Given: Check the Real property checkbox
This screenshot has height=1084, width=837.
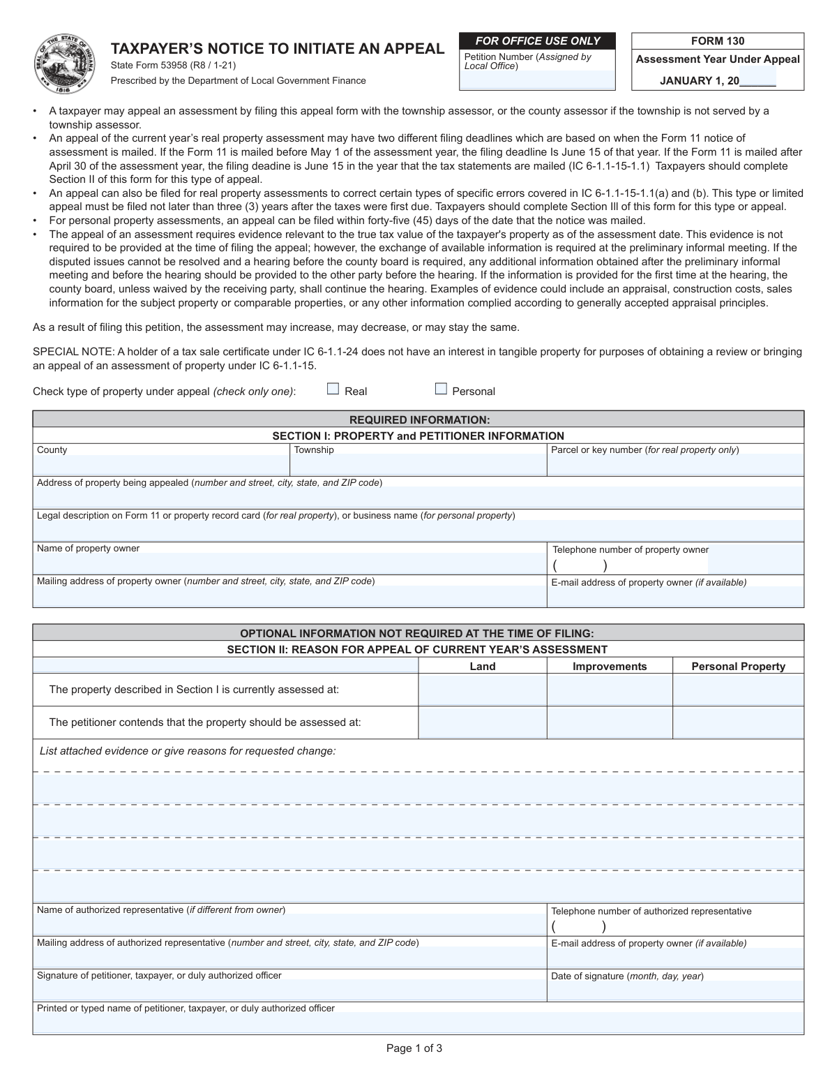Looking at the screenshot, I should click(x=333, y=389).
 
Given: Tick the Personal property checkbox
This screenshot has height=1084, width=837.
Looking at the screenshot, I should click(x=441, y=389).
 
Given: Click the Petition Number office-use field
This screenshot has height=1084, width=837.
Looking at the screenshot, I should click(x=537, y=80).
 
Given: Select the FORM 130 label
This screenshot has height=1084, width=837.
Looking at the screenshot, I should click(x=718, y=41).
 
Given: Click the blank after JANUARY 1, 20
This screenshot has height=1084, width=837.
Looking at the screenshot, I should click(x=758, y=81).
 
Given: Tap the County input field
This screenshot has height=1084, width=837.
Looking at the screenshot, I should click(x=161, y=466).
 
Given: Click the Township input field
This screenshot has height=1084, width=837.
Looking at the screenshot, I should click(x=418, y=466).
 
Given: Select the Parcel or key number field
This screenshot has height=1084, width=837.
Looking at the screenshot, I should click(x=675, y=466).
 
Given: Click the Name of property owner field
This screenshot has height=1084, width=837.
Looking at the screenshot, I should click(x=289, y=563).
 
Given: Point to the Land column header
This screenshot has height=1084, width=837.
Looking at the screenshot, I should click(x=483, y=667).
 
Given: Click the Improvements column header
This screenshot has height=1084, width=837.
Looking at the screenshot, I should click(x=610, y=667).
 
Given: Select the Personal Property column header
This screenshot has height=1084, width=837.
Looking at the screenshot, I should click(x=738, y=667).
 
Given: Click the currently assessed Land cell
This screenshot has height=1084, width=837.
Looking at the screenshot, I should click(x=483, y=690).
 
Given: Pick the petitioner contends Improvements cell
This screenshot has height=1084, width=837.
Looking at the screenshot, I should click(x=610, y=722).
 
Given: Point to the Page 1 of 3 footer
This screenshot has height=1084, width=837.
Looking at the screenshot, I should click(x=414, y=1048).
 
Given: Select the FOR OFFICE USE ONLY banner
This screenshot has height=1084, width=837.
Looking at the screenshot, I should click(x=537, y=41).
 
